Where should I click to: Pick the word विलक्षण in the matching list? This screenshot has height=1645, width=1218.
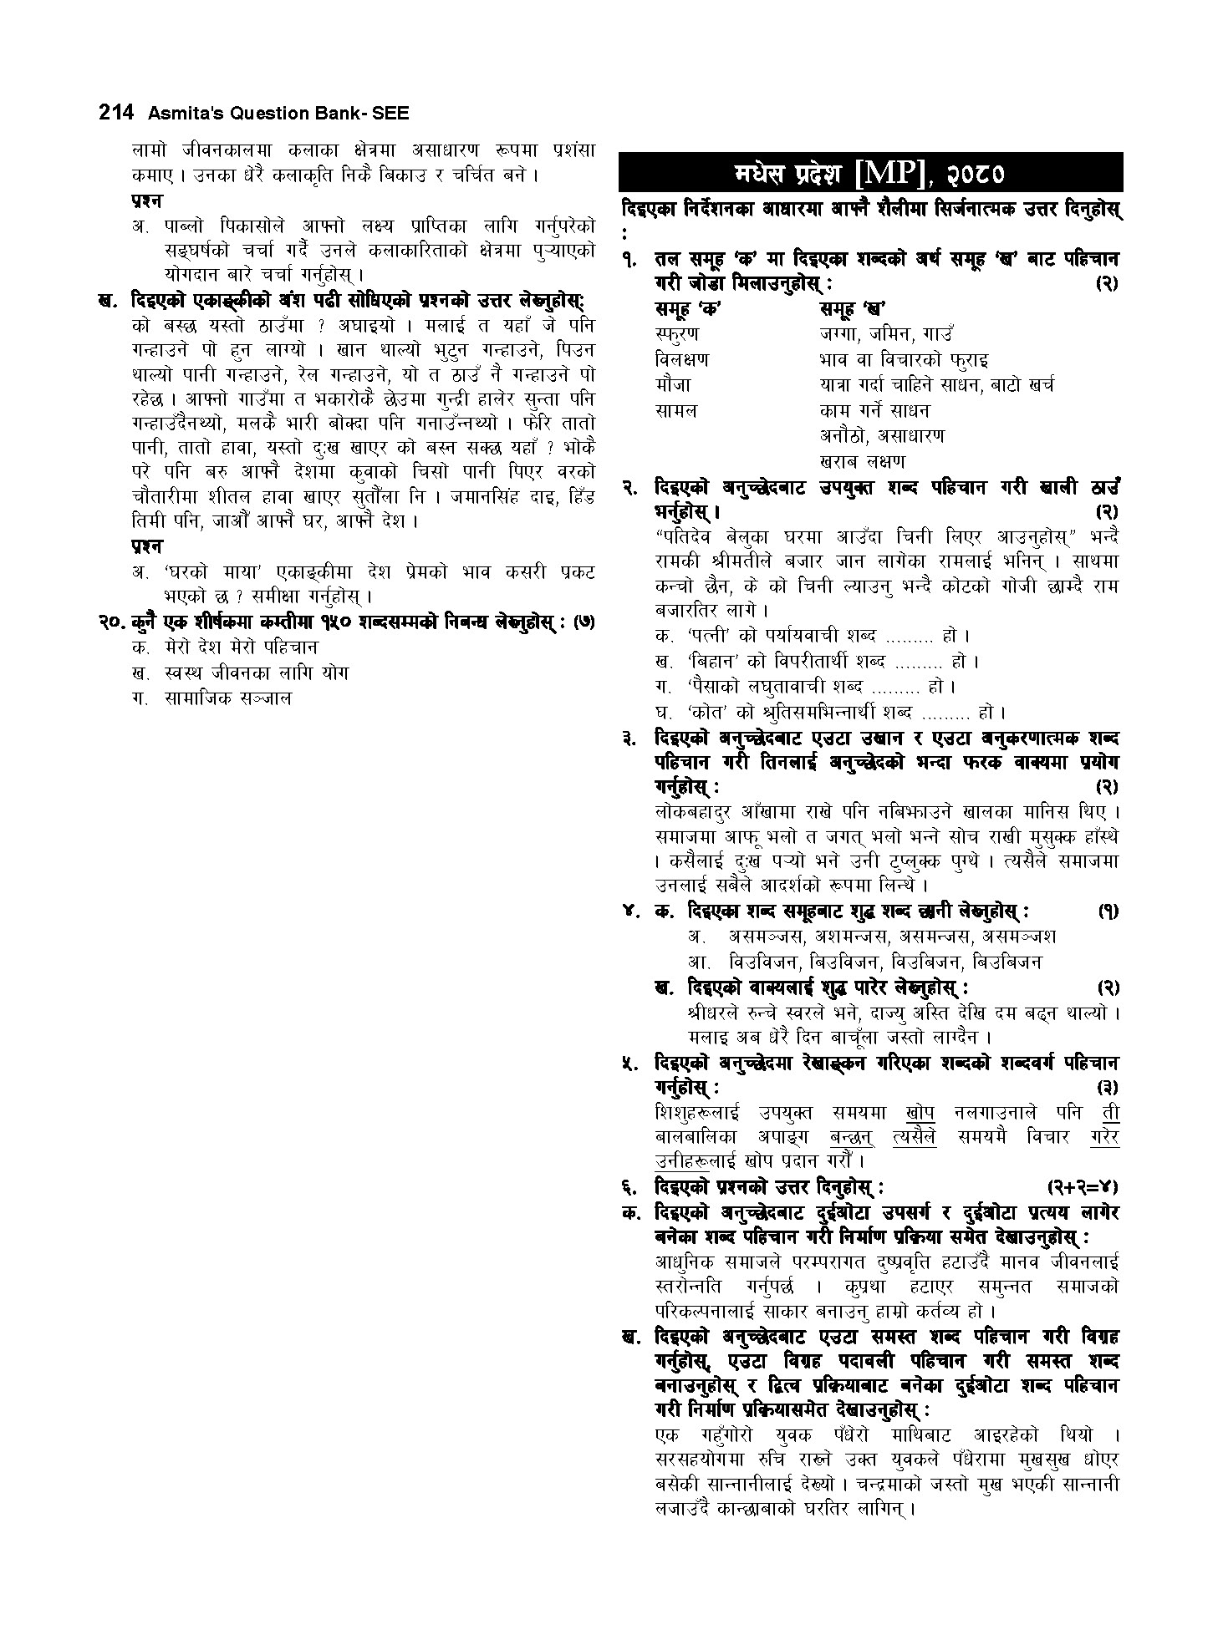pos(681,359)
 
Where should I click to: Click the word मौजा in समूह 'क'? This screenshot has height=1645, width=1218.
pos(673,385)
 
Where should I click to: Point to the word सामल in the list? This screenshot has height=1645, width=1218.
pos(675,410)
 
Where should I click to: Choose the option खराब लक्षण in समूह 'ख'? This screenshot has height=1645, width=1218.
pos(862,461)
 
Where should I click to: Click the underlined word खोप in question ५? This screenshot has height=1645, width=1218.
pos(920,1113)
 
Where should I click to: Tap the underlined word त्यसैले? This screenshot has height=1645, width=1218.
pos(915,1137)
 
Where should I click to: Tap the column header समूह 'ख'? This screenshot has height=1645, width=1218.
pos(853,308)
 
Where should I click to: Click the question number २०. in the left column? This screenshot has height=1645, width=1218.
pos(113,622)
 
